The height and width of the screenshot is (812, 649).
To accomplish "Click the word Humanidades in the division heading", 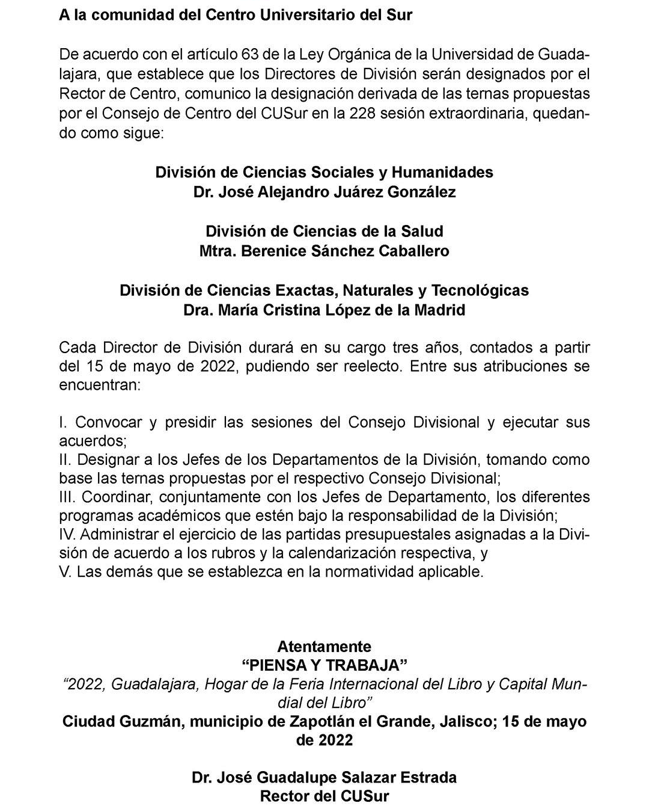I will (x=442, y=172).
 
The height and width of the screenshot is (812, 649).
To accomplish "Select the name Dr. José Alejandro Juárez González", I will (x=324, y=192).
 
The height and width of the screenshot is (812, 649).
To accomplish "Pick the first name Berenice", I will (x=274, y=251).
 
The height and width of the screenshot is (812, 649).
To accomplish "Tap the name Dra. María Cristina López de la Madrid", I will (x=324, y=310).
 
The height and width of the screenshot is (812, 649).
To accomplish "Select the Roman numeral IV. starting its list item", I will (x=67, y=535).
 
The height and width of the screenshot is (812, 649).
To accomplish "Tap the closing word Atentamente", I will (x=324, y=647).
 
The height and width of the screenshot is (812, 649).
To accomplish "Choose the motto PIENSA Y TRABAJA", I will (x=324, y=665).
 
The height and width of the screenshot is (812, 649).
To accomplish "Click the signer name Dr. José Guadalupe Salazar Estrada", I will (x=324, y=777).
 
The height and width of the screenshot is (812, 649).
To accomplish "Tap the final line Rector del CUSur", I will (x=324, y=796).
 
